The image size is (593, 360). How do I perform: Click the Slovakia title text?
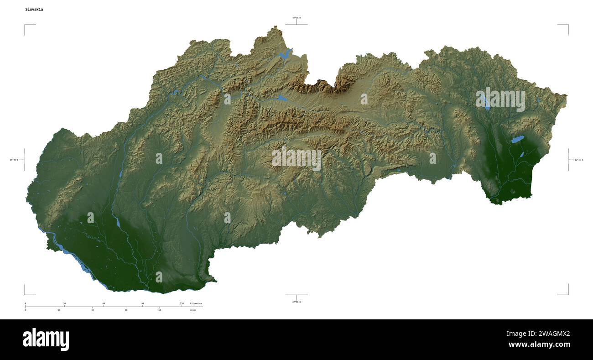click(x=34, y=9)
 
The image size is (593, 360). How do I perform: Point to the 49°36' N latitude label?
click(x=296, y=18)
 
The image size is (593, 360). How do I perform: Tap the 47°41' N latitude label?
click(x=296, y=302)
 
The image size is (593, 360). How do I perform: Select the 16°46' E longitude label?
click(x=14, y=160)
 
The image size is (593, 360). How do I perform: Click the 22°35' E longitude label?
click(x=578, y=160)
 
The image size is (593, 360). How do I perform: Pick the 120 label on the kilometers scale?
click(x=182, y=303)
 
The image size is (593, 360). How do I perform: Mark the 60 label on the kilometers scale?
click(x=104, y=303)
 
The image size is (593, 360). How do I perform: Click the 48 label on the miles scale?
click(x=126, y=310)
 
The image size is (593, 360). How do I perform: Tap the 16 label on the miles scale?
click(x=59, y=310)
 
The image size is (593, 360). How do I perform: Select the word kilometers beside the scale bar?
click(x=196, y=303)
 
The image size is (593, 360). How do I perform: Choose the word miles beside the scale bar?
click(x=194, y=310)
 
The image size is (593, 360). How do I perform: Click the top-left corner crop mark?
click(x=25, y=26)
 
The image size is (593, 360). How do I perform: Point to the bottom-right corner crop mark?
click(x=567, y=294)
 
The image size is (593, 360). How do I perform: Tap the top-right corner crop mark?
click(x=567, y=26)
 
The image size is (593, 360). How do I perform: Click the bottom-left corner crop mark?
click(x=25, y=294)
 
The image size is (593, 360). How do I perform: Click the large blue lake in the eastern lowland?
click(x=517, y=139)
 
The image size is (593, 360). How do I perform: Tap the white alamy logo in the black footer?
click(x=46, y=339)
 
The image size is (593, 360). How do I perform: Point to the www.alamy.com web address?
click(x=539, y=345)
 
